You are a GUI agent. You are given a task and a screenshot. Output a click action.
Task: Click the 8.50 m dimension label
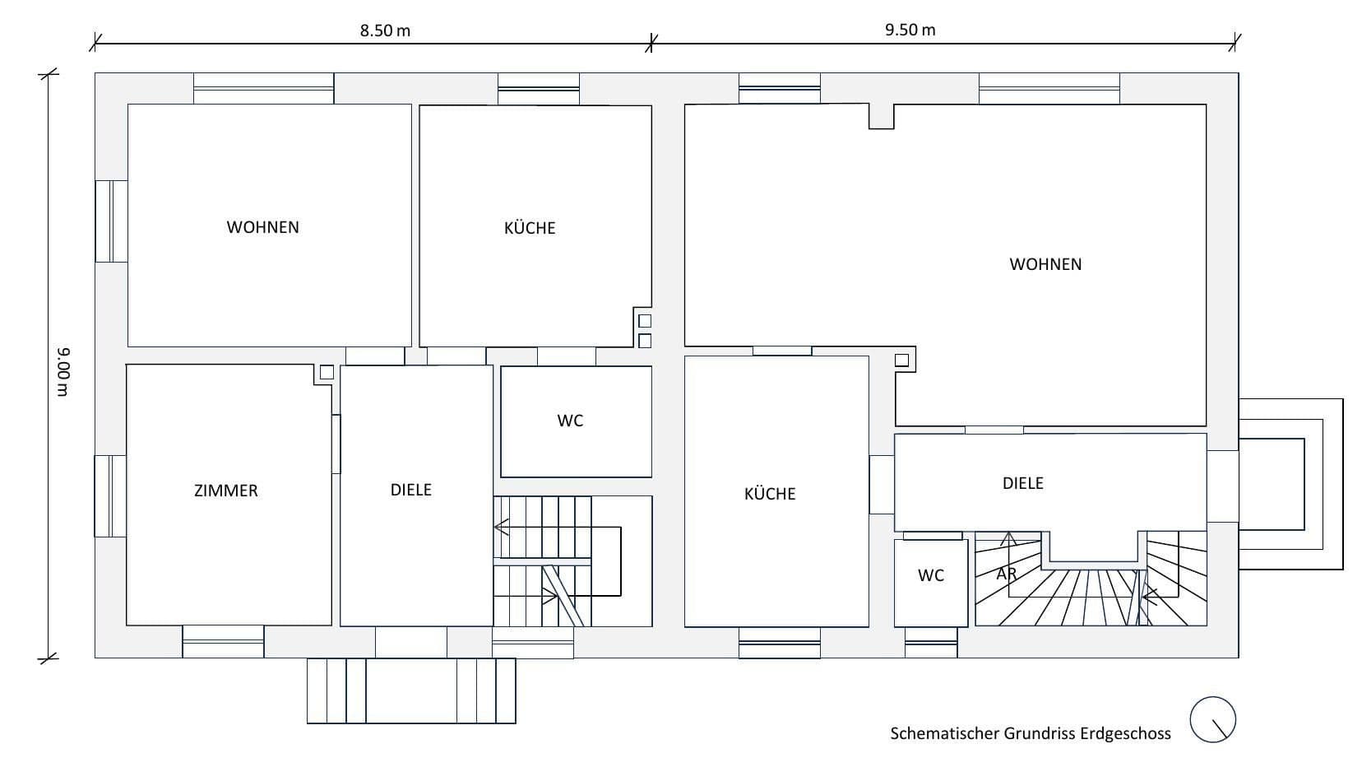385,31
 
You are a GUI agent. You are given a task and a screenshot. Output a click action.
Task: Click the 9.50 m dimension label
910,30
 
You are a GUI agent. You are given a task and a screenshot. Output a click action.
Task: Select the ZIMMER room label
225,491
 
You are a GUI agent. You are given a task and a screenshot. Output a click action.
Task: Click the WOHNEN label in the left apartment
262,227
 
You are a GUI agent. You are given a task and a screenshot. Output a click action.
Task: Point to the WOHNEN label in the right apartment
1045,264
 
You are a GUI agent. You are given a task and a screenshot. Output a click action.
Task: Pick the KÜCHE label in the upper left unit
530,228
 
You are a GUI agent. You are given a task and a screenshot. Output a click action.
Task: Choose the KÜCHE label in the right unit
770,494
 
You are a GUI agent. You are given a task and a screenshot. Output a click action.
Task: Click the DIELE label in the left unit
410,490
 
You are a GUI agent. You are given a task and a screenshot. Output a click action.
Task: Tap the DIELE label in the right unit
1022,483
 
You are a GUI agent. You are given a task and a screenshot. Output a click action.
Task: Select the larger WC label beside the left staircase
570,421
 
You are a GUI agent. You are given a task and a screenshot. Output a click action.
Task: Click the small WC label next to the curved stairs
931,575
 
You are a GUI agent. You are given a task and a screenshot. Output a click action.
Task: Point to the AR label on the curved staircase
1006,574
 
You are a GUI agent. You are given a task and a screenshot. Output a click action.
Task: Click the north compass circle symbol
1213,719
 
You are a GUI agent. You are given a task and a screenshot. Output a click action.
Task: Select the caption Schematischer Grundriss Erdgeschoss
1030,733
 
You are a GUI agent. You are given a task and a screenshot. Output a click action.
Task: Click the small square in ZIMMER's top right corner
327,372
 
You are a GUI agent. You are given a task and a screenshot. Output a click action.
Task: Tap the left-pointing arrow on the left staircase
501,527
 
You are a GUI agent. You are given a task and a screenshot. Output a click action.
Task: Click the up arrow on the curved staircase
1008,540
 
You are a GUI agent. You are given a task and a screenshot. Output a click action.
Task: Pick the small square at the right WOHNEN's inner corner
902,360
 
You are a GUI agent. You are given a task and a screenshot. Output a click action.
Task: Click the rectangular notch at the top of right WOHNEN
882,116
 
